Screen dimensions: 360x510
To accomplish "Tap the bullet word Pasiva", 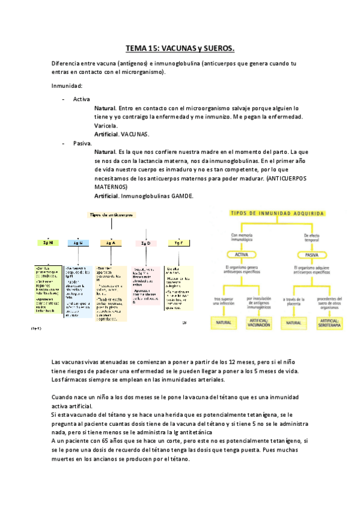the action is point(82,144).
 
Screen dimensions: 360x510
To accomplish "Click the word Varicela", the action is point(106,126).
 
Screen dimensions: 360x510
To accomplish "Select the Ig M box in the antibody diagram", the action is point(47,242).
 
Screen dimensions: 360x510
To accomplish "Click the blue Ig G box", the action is point(78,243).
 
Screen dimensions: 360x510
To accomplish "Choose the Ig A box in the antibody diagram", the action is point(111,242).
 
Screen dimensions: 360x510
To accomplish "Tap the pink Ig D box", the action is point(145,243).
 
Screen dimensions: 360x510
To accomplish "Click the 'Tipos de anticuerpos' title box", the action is point(112,214).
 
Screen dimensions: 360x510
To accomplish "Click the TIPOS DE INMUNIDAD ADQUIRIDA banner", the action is point(279,214).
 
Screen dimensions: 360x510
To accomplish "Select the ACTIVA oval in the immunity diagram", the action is point(241,254).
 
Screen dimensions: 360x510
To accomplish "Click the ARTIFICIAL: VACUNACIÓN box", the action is point(258,324).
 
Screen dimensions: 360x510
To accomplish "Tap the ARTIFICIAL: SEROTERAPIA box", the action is point(328,324).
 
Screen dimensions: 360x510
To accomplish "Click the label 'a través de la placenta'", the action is point(293,300).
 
